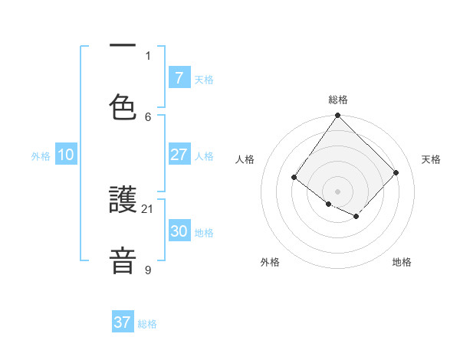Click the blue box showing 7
click(x=179, y=77)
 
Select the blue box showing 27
click(x=179, y=155)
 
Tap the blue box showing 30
click(x=179, y=231)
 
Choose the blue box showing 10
click(x=66, y=155)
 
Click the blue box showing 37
click(x=123, y=322)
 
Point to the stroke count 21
click(x=148, y=208)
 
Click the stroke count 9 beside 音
click(x=148, y=270)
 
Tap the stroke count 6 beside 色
click(x=148, y=116)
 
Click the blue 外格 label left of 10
click(x=41, y=155)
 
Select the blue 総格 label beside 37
click(x=147, y=324)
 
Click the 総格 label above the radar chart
click(x=338, y=100)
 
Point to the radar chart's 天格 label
click(x=432, y=159)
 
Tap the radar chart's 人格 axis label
click(x=245, y=159)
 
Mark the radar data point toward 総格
click(x=338, y=116)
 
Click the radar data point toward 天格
click(x=396, y=172)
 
